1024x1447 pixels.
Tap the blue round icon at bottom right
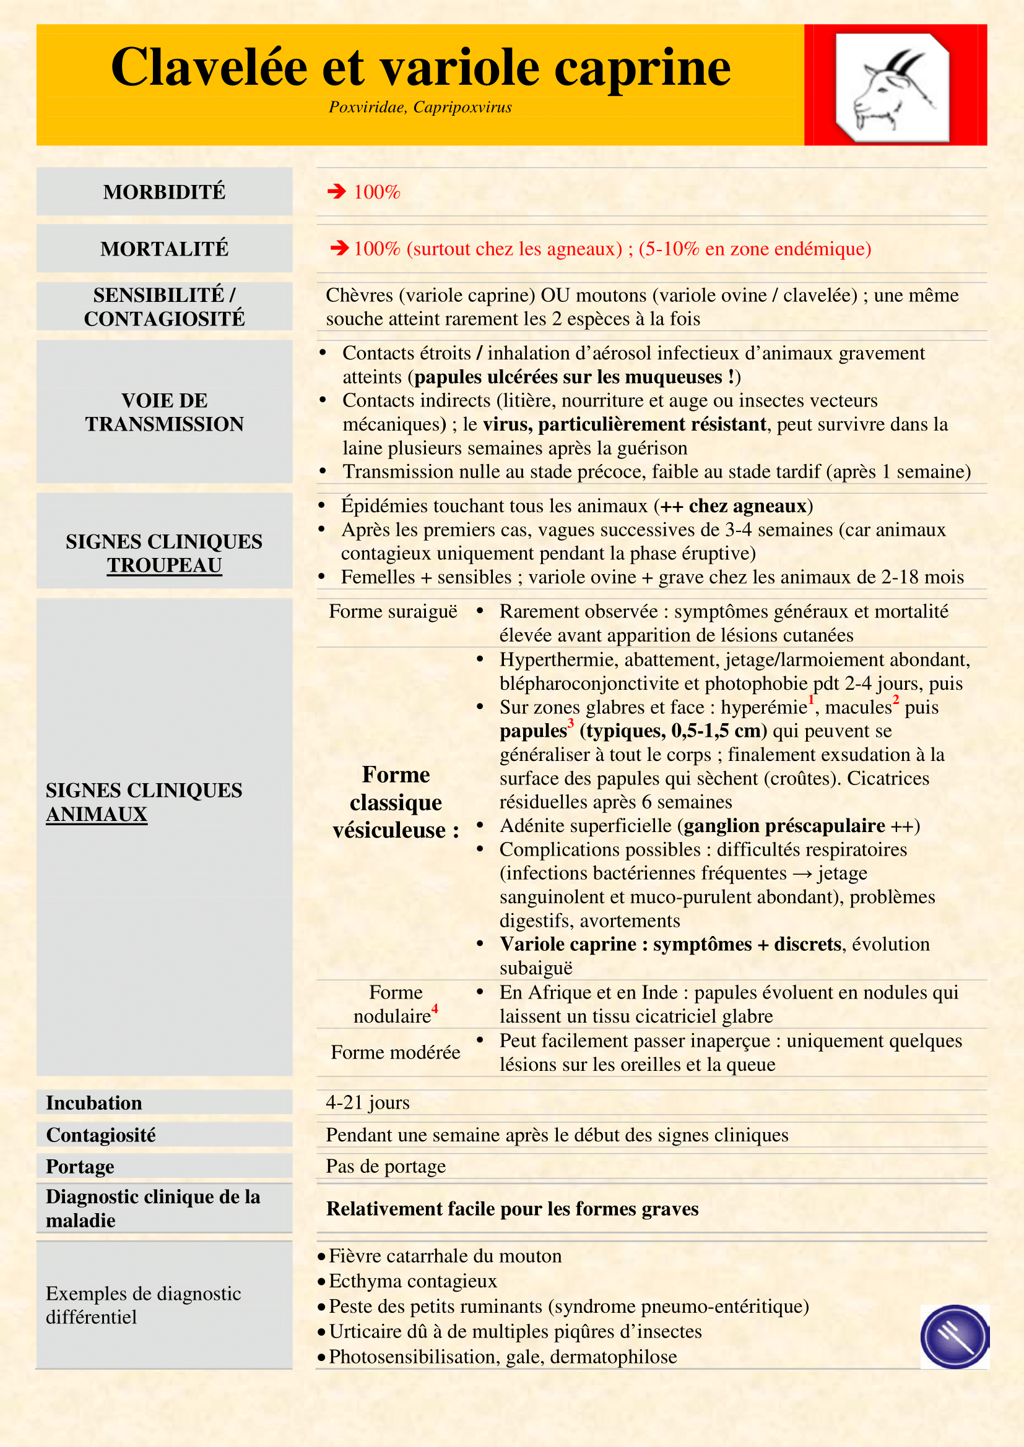click(x=954, y=1336)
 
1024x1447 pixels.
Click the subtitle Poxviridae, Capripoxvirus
click(x=420, y=107)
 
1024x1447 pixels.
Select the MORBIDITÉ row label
click(x=164, y=192)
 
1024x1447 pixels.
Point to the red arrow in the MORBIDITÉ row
click(x=337, y=191)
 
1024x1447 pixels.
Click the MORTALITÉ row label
click(x=164, y=249)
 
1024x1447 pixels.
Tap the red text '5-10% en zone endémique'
click(x=754, y=249)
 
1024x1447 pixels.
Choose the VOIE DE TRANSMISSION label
click(x=164, y=412)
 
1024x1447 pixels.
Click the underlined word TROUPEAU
click(x=164, y=565)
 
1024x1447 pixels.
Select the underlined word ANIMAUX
click(x=97, y=814)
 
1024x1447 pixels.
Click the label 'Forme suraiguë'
click(x=393, y=611)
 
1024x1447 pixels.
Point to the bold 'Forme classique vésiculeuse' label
click(x=396, y=802)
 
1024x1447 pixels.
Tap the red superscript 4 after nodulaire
click(x=435, y=1010)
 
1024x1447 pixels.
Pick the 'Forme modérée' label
click(x=396, y=1052)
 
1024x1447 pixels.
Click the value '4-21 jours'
click(x=368, y=1102)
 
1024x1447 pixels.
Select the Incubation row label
click(x=94, y=1103)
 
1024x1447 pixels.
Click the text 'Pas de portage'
click(x=385, y=1166)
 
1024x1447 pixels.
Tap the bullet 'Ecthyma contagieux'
click(x=413, y=1281)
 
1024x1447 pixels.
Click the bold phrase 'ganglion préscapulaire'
click(x=784, y=826)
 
